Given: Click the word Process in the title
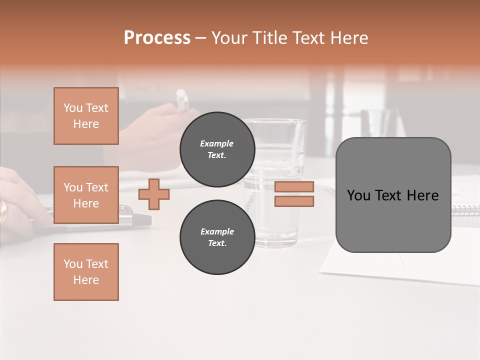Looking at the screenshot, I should [x=157, y=38].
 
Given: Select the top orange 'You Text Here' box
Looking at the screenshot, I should [x=86, y=116].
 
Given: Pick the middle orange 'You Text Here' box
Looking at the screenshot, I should [x=86, y=195].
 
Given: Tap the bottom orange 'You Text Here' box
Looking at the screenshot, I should [x=86, y=272].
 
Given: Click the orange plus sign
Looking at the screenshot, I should [x=154, y=194].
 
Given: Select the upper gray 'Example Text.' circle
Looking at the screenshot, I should [x=217, y=149].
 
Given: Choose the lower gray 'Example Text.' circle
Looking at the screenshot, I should [x=217, y=237].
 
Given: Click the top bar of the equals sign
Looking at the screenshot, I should [x=294, y=187].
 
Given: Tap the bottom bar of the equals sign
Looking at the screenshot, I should [x=294, y=201].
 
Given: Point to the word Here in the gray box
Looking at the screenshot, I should [x=423, y=195].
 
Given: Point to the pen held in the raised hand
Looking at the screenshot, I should [x=182, y=100].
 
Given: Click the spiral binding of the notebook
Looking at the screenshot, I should [x=465, y=210].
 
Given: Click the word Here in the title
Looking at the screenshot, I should [x=348, y=38].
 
